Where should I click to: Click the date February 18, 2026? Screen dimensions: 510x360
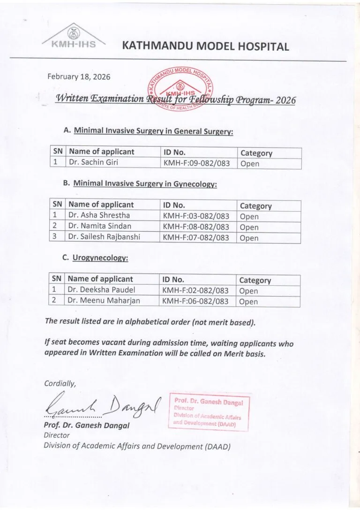pyautogui.click(x=79, y=76)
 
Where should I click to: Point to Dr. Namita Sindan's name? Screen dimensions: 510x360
pyautogui.click(x=96, y=226)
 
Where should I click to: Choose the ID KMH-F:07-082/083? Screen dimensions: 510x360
pyautogui.click(x=195, y=237)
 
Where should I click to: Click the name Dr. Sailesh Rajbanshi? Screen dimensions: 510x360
pyautogui.click(x=104, y=237)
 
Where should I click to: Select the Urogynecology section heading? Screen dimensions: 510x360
pyautogui.click(x=100, y=258)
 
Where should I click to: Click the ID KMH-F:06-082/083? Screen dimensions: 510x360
pyautogui.click(x=195, y=301)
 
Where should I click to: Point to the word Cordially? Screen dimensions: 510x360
pyautogui.click(x=60, y=383)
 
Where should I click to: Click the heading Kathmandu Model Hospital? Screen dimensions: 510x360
pyautogui.click(x=205, y=46)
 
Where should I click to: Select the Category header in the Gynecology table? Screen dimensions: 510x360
pyautogui.click(x=255, y=206)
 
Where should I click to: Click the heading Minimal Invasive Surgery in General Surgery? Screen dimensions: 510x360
pyautogui.click(x=153, y=132)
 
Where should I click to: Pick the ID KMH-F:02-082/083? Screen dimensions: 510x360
pyautogui.click(x=195, y=290)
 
